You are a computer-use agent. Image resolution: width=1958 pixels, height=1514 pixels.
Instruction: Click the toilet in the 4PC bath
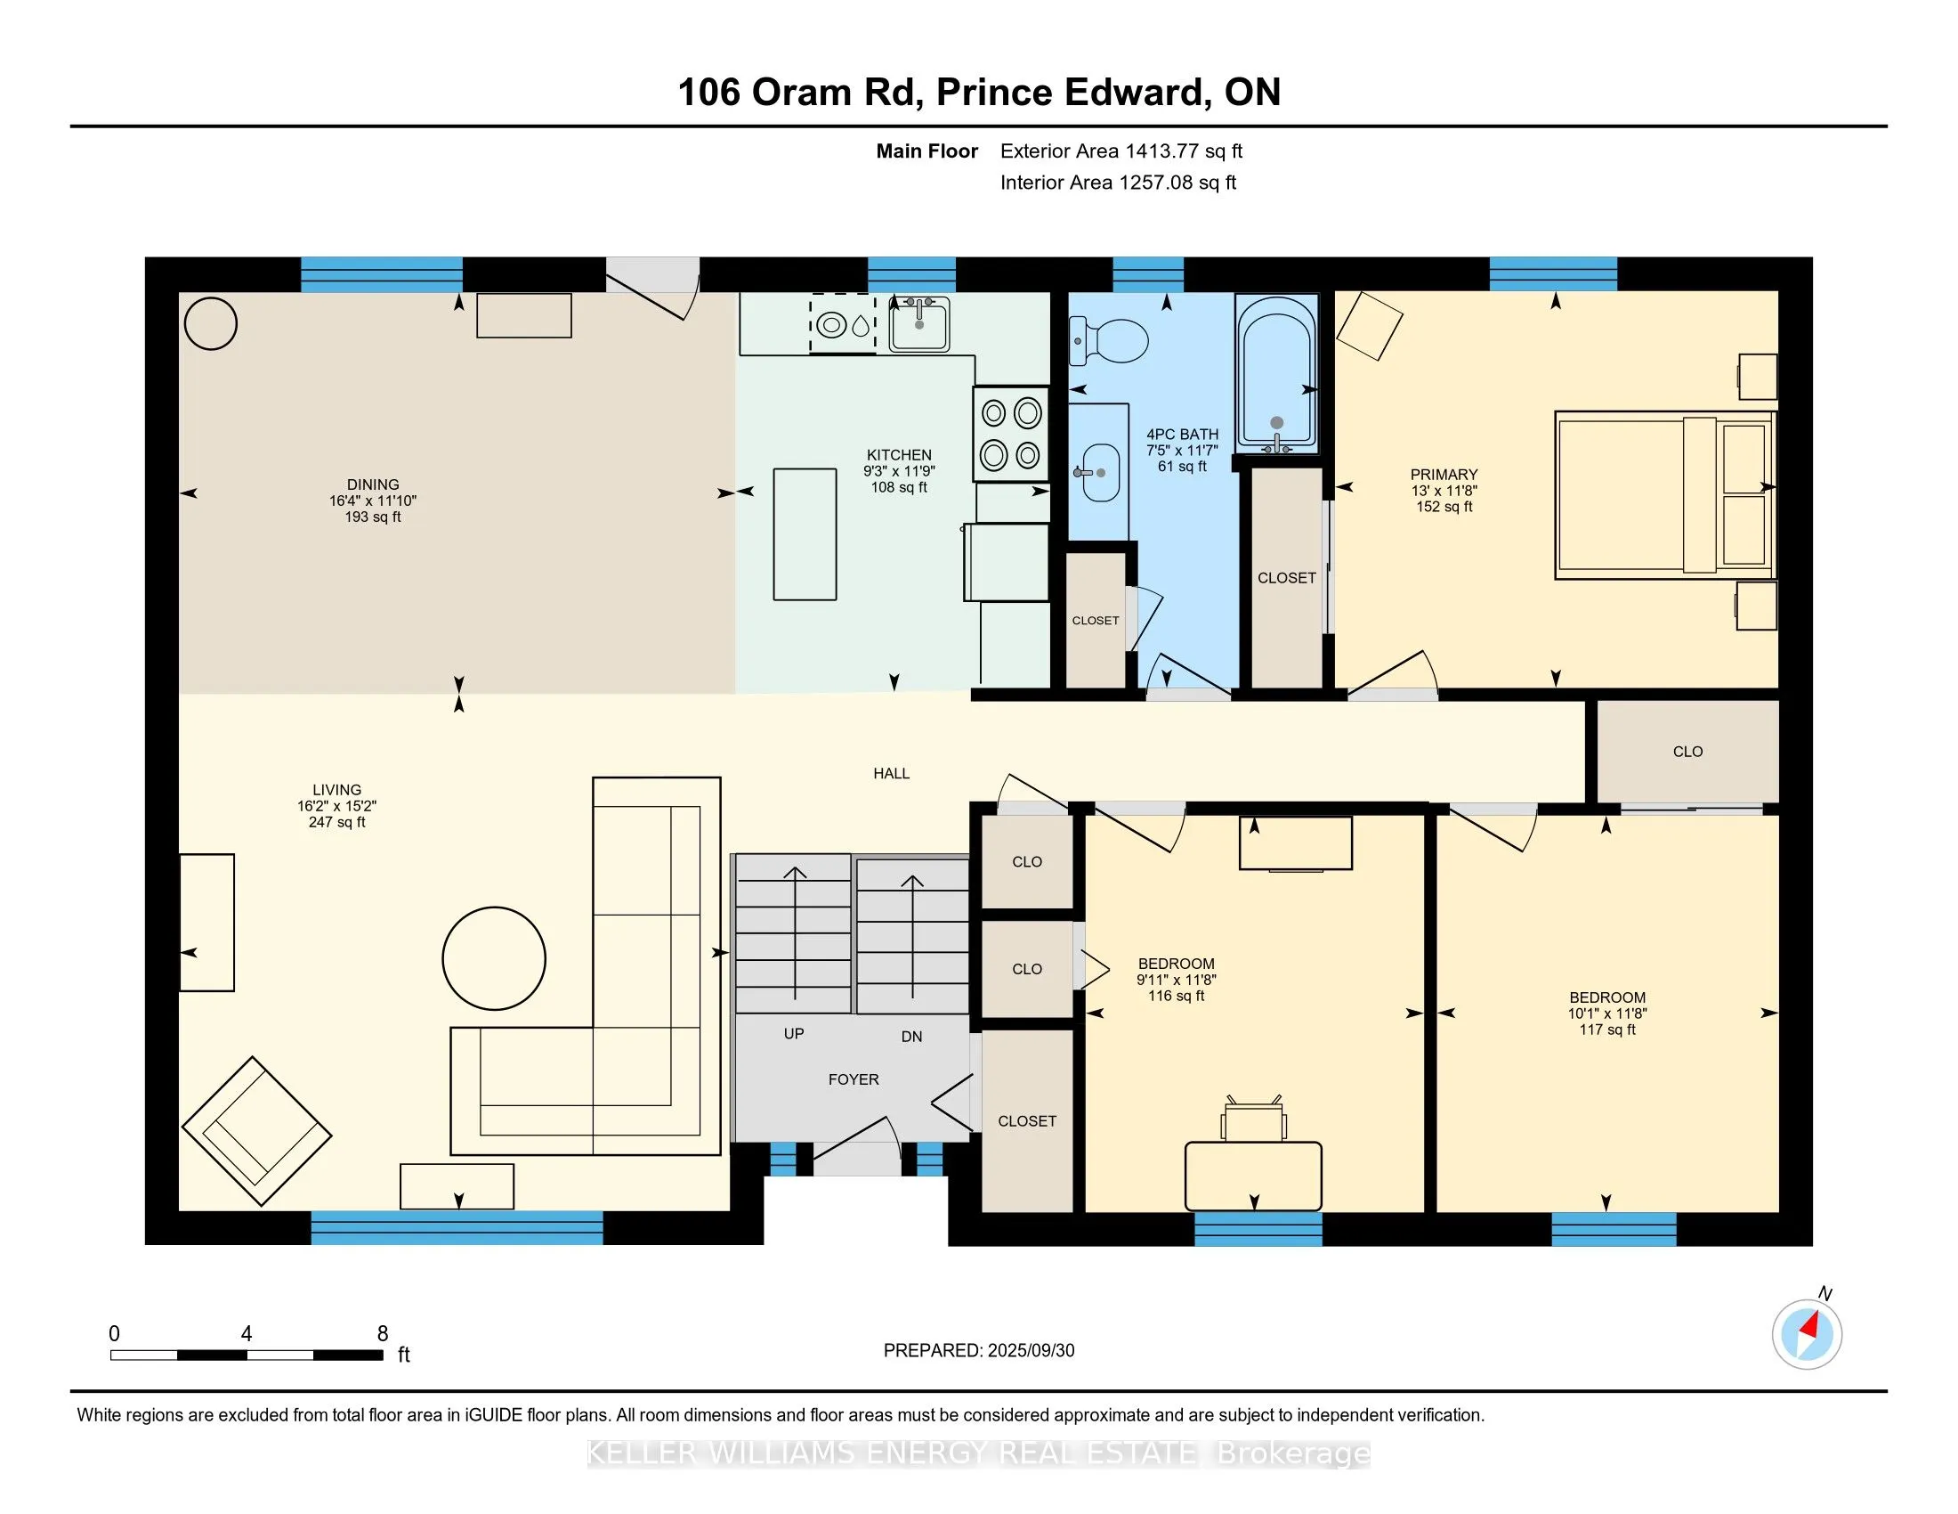1108,341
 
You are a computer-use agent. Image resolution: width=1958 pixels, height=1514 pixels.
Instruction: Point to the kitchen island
805,533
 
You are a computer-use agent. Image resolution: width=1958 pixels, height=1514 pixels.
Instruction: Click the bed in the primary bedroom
1665,494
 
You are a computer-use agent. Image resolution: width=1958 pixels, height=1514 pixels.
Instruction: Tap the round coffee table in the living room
494,958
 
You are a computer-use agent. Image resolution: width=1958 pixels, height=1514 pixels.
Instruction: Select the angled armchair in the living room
256,1131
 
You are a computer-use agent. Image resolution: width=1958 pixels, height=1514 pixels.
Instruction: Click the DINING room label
373,484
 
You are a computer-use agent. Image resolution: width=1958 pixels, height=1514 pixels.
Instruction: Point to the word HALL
891,773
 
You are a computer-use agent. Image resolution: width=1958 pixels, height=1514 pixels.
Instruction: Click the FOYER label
854,1079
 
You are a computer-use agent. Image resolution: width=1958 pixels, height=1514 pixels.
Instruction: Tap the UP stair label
793,1033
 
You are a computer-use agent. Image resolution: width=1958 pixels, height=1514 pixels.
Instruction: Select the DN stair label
911,1036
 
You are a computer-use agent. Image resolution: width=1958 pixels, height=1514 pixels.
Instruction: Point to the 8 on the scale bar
383,1334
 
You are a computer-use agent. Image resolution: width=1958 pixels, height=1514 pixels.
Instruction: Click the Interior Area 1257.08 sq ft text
1118,182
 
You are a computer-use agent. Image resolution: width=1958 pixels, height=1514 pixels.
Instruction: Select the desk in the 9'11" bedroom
1253,1176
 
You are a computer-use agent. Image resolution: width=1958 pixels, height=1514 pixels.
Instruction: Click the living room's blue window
457,1228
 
